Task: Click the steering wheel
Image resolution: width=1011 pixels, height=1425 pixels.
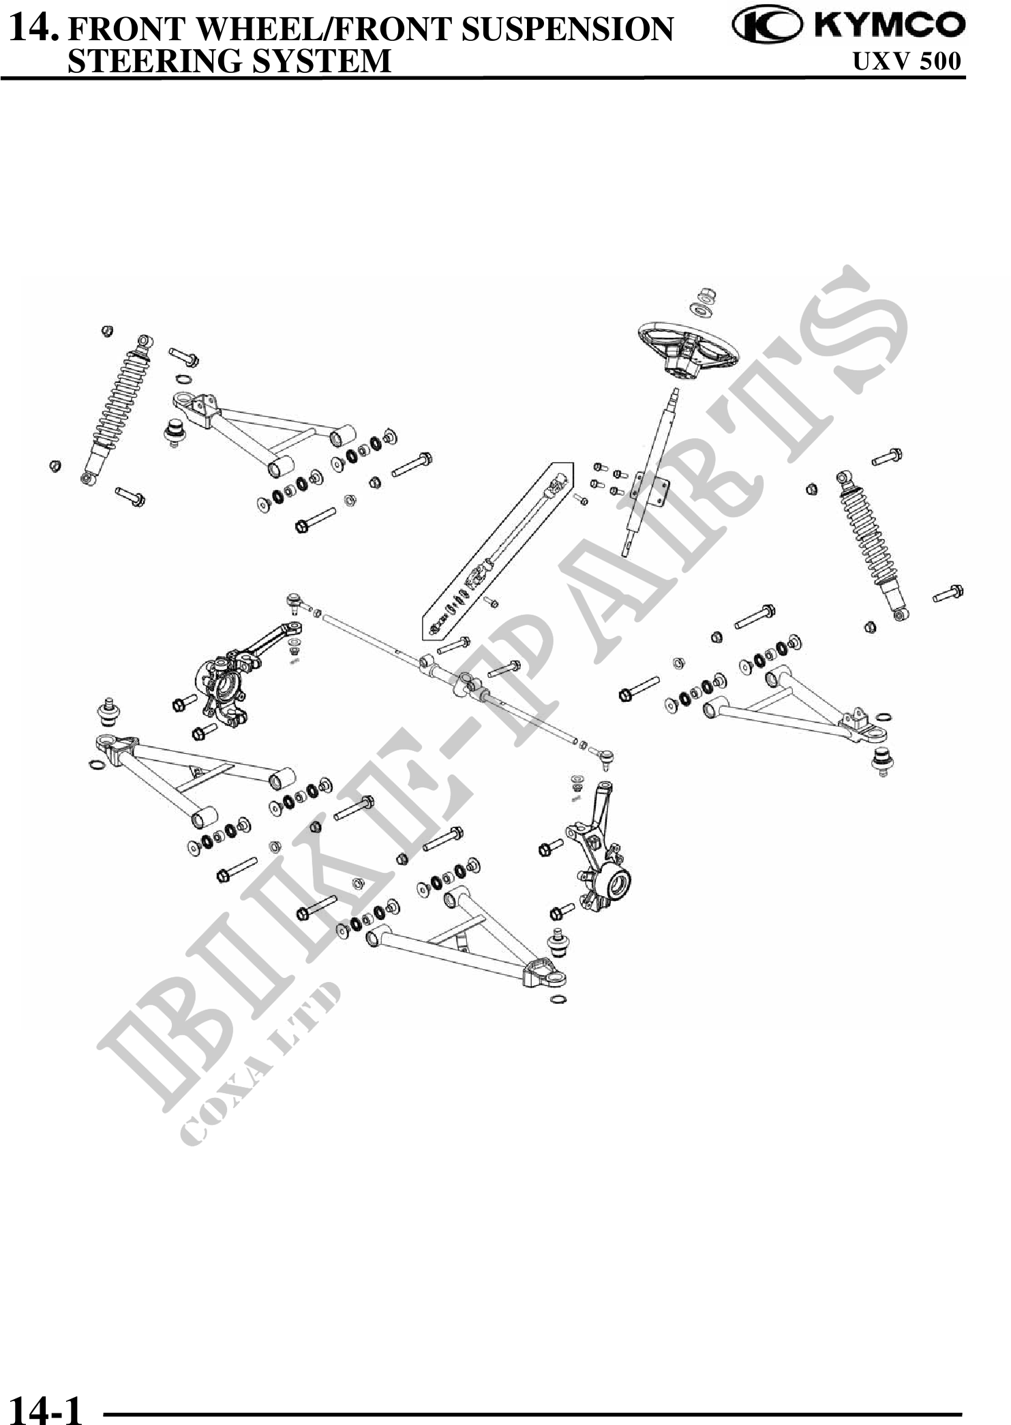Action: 689,348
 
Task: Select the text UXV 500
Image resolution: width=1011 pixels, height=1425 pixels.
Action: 907,62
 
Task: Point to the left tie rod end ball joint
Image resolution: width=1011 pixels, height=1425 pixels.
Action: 294,599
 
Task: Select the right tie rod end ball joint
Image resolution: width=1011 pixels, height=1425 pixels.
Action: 605,754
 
